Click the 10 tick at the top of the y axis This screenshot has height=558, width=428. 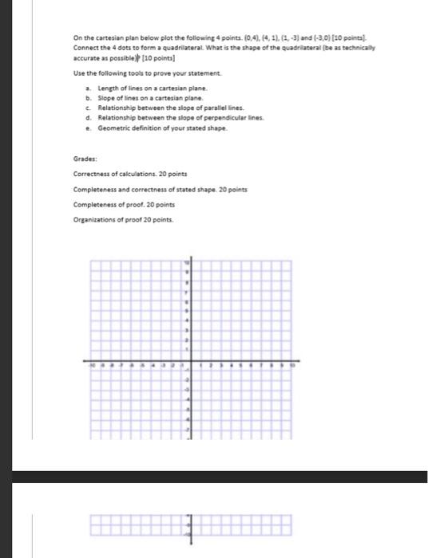(x=188, y=263)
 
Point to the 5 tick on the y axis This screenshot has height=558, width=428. (x=188, y=311)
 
